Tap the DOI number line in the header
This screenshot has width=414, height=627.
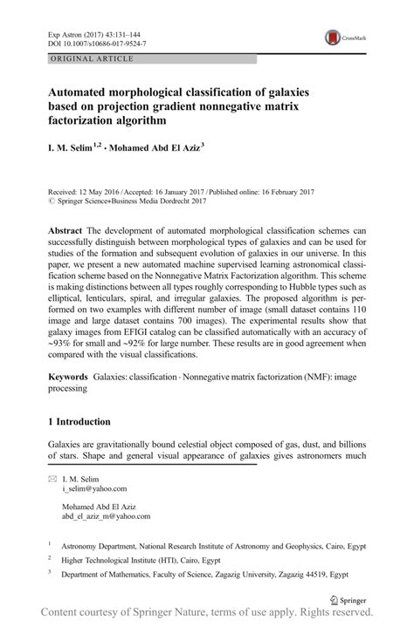point(95,42)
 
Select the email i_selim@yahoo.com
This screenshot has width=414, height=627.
point(94,489)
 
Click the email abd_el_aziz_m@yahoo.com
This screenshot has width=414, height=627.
point(107,516)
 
